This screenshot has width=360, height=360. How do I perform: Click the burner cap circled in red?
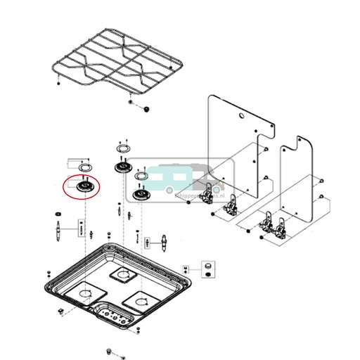82,188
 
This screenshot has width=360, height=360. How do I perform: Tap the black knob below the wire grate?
146,109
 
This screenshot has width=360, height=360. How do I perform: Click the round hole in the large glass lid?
241,114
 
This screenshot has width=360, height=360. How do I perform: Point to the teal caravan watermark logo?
184,179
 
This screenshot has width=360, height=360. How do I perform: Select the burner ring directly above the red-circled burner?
84,167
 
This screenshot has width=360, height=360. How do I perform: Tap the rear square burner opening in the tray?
126,274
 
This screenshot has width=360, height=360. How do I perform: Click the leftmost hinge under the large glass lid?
207,193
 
